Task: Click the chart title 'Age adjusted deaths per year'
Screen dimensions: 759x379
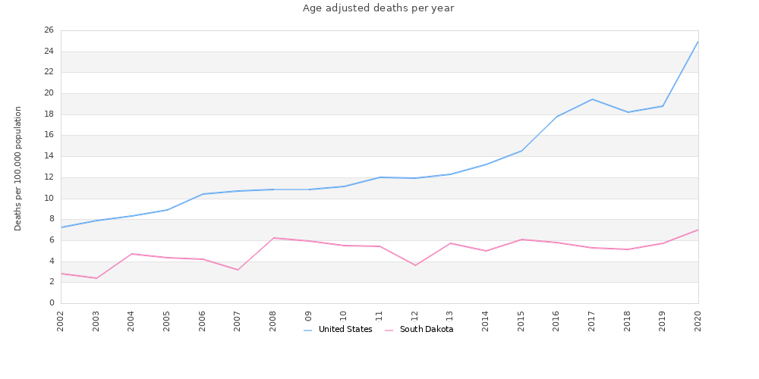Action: (x=378, y=8)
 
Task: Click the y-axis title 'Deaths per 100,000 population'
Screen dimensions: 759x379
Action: (x=18, y=168)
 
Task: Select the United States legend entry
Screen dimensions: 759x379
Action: (x=338, y=330)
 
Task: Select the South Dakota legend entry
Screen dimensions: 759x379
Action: (x=419, y=330)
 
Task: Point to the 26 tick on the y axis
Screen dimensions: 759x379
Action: (x=49, y=30)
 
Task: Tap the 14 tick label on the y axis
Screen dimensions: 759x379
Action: (x=49, y=156)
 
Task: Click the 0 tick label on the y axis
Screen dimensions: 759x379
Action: (x=51, y=303)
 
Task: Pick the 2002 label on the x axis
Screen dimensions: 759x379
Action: (x=61, y=321)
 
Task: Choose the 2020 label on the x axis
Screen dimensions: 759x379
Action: (x=698, y=321)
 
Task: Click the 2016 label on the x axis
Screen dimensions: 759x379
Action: (x=556, y=321)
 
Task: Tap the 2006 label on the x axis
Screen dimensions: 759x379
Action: (x=203, y=321)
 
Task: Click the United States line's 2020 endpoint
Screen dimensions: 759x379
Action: (x=698, y=41)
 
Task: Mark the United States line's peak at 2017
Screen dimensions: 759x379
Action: (x=592, y=99)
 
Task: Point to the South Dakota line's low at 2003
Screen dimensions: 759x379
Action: (x=96, y=278)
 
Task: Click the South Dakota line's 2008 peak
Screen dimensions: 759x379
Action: (x=273, y=238)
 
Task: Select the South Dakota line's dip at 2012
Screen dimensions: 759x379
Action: (x=415, y=265)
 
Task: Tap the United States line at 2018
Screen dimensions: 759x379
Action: (x=628, y=112)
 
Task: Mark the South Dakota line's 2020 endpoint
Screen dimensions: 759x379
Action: (x=698, y=230)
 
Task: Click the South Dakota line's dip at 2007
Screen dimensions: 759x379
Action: (x=238, y=270)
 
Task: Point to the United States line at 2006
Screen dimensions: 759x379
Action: (x=203, y=194)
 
